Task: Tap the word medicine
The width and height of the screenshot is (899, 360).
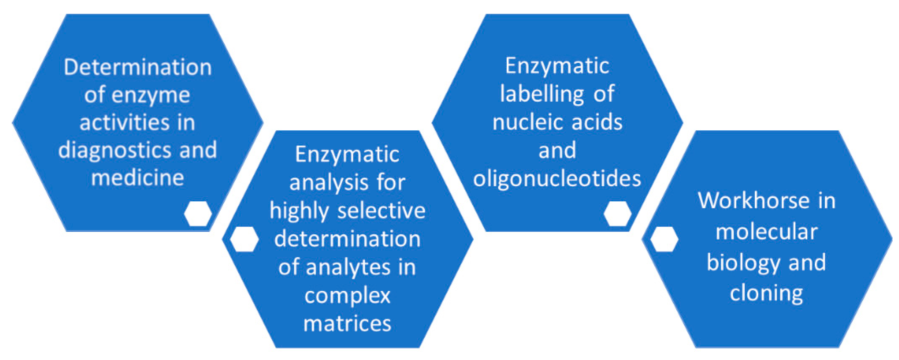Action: (x=138, y=178)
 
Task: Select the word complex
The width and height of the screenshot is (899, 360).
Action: (x=347, y=296)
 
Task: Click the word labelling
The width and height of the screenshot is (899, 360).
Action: (x=542, y=94)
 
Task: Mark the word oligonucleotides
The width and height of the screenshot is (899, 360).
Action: (x=557, y=178)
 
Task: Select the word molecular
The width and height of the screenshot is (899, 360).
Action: (x=766, y=231)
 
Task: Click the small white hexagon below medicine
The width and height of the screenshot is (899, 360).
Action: (x=198, y=213)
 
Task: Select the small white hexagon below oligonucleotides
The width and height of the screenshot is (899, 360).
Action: (x=617, y=213)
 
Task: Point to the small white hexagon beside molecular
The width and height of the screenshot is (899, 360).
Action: (x=664, y=239)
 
